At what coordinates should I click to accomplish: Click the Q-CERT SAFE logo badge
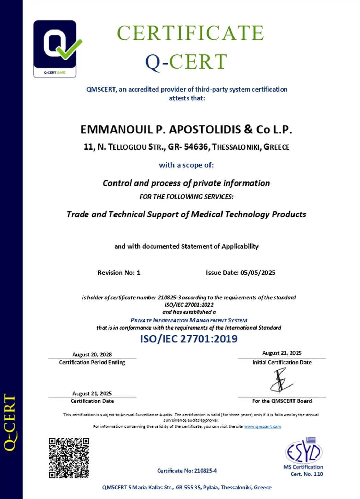pyautogui.click(x=55, y=48)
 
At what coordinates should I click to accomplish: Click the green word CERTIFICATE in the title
pyautogui.click(x=190, y=33)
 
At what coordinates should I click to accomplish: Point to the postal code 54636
pyautogui.click(x=196, y=147)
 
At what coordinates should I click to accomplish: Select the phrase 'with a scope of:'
pyautogui.click(x=186, y=165)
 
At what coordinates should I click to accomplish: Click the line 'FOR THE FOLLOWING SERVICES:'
pyautogui.click(x=186, y=197)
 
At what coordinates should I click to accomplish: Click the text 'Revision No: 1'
pyautogui.click(x=119, y=273)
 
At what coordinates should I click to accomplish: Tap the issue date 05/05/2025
pyautogui.click(x=258, y=273)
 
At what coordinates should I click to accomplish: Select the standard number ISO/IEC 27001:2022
pyautogui.click(x=189, y=305)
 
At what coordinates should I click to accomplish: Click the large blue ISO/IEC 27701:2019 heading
pyautogui.click(x=189, y=339)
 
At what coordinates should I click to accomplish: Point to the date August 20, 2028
pyautogui.click(x=92, y=354)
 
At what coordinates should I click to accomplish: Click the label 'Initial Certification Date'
pyautogui.click(x=282, y=362)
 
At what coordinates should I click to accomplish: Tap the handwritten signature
pyautogui.click(x=281, y=381)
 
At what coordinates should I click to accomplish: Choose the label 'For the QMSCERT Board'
pyautogui.click(x=282, y=401)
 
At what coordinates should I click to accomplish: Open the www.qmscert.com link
pyautogui.click(x=263, y=427)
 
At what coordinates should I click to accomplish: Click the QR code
pyautogui.click(x=69, y=458)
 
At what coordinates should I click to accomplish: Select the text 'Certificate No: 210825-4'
pyautogui.click(x=187, y=471)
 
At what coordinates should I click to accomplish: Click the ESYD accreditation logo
pyautogui.click(x=303, y=451)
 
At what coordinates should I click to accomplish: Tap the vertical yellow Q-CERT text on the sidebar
pyautogui.click(x=10, y=422)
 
